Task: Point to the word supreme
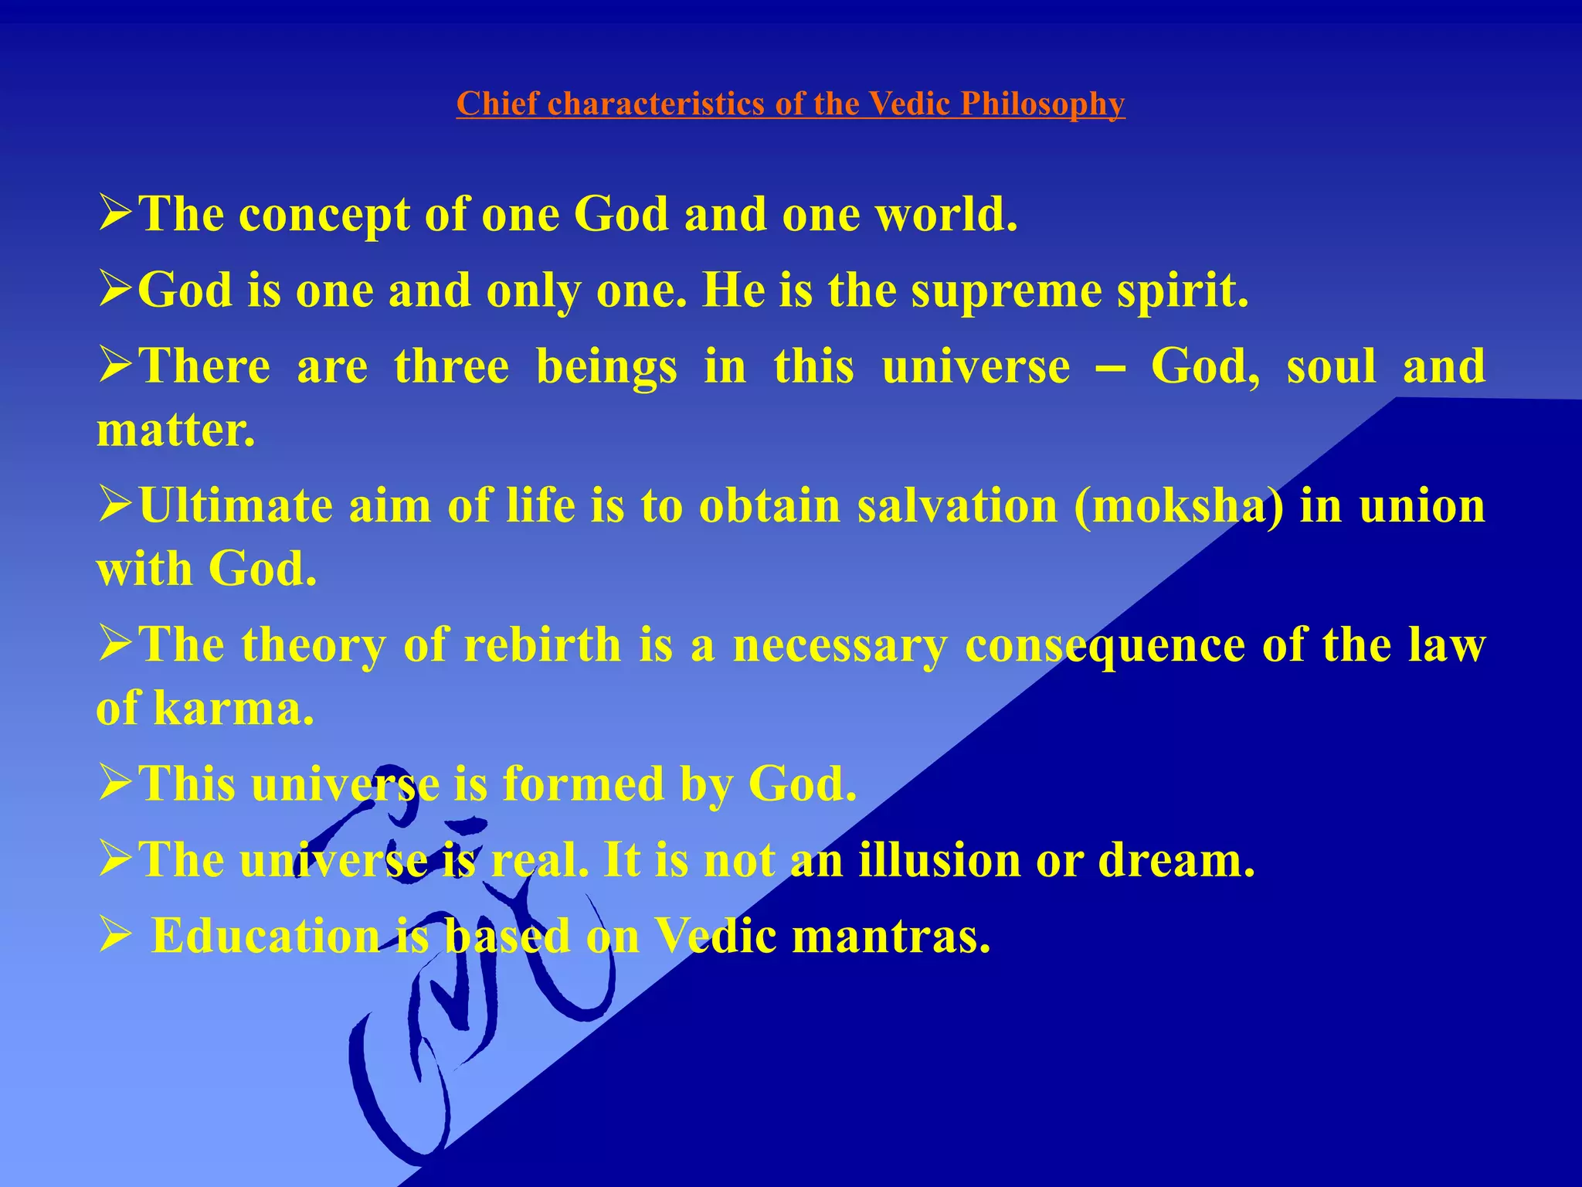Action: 1007,291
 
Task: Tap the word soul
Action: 1331,366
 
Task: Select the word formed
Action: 583,784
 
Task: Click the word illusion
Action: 939,859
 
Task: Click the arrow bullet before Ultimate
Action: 116,506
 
